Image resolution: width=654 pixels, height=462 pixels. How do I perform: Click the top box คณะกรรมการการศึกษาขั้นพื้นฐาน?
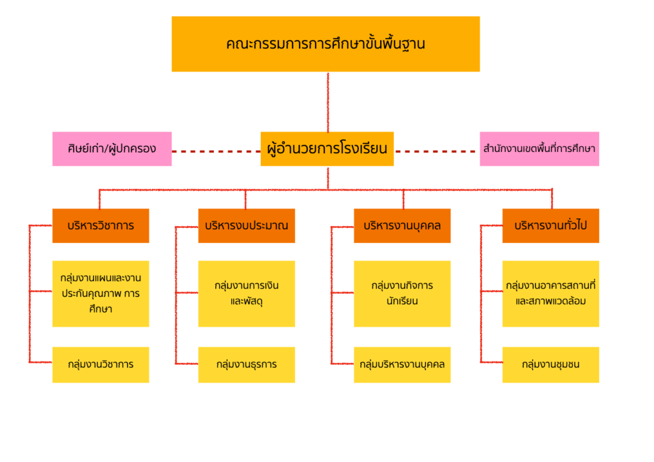[x=326, y=44]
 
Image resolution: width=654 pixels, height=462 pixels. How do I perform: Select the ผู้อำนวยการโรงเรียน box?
[x=327, y=149]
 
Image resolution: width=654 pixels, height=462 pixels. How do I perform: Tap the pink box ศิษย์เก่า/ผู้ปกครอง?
[x=112, y=149]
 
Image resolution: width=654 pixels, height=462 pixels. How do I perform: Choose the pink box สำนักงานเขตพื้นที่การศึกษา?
[x=540, y=149]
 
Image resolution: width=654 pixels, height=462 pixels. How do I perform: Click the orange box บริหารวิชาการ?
[x=101, y=226]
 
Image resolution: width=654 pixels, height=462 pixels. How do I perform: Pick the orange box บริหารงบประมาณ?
[x=247, y=226]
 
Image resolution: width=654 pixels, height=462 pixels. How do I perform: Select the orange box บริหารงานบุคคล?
[x=402, y=226]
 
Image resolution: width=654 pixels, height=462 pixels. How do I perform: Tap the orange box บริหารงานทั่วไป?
[x=551, y=226]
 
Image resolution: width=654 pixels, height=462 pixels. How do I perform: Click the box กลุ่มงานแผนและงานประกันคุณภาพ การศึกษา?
[x=101, y=294]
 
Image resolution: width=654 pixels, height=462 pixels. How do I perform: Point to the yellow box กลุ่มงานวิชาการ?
[x=101, y=364]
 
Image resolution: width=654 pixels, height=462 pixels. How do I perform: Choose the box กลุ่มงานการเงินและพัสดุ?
[x=247, y=294]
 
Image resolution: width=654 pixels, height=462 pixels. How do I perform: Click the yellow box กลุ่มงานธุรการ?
[x=247, y=364]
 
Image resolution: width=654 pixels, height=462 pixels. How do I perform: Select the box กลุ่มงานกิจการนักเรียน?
[x=402, y=294]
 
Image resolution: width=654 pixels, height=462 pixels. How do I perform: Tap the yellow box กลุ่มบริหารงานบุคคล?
[x=402, y=364]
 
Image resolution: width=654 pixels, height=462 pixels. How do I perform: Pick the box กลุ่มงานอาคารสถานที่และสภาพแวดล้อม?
[x=551, y=294]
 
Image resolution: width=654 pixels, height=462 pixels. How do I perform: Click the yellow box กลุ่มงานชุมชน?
[x=551, y=364]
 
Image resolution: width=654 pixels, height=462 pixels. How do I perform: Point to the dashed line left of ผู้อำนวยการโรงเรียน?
[x=216, y=152]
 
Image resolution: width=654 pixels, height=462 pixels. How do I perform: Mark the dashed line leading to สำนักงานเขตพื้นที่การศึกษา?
[x=437, y=152]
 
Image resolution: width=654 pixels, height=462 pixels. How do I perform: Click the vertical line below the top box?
[x=328, y=102]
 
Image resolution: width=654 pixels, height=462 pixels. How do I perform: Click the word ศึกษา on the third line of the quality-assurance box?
[x=101, y=309]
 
